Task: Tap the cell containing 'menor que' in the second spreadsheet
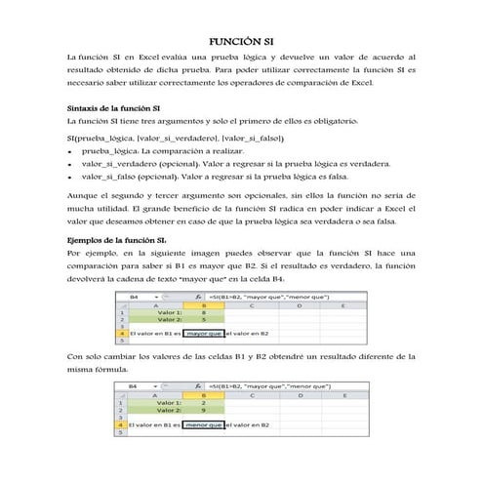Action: (x=203, y=425)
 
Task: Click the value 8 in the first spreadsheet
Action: (x=202, y=311)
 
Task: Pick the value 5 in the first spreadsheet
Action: (x=202, y=319)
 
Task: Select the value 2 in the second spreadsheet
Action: (x=202, y=403)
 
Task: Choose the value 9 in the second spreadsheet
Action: (x=202, y=411)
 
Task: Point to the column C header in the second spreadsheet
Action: (x=252, y=395)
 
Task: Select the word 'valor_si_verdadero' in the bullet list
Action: (x=112, y=166)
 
